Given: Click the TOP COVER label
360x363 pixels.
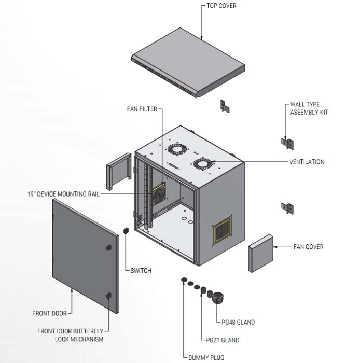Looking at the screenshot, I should pos(221,6).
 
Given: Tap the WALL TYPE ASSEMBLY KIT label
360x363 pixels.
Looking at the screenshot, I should pos(309,108).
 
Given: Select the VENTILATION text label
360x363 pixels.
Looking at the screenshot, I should pos(307,162).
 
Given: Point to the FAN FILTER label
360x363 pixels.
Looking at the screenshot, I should pos(142,109).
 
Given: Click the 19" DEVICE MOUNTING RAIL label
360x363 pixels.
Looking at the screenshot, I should pos(63,194).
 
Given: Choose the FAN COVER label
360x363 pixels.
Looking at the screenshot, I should pos(308,247).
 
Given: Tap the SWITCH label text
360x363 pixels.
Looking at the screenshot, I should pos(141,270).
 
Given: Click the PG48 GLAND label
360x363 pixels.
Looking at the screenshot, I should pos(238,323).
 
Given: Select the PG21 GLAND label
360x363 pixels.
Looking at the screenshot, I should pos(223,340).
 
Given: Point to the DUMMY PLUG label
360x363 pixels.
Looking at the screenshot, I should pos(206,357).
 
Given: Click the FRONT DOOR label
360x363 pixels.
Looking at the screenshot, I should pos(48,313).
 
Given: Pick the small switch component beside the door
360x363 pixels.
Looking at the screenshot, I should pos(125,229).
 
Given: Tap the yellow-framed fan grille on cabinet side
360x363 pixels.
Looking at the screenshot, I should pos(221,230).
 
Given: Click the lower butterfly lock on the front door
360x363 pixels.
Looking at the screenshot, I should pos(108,296).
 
